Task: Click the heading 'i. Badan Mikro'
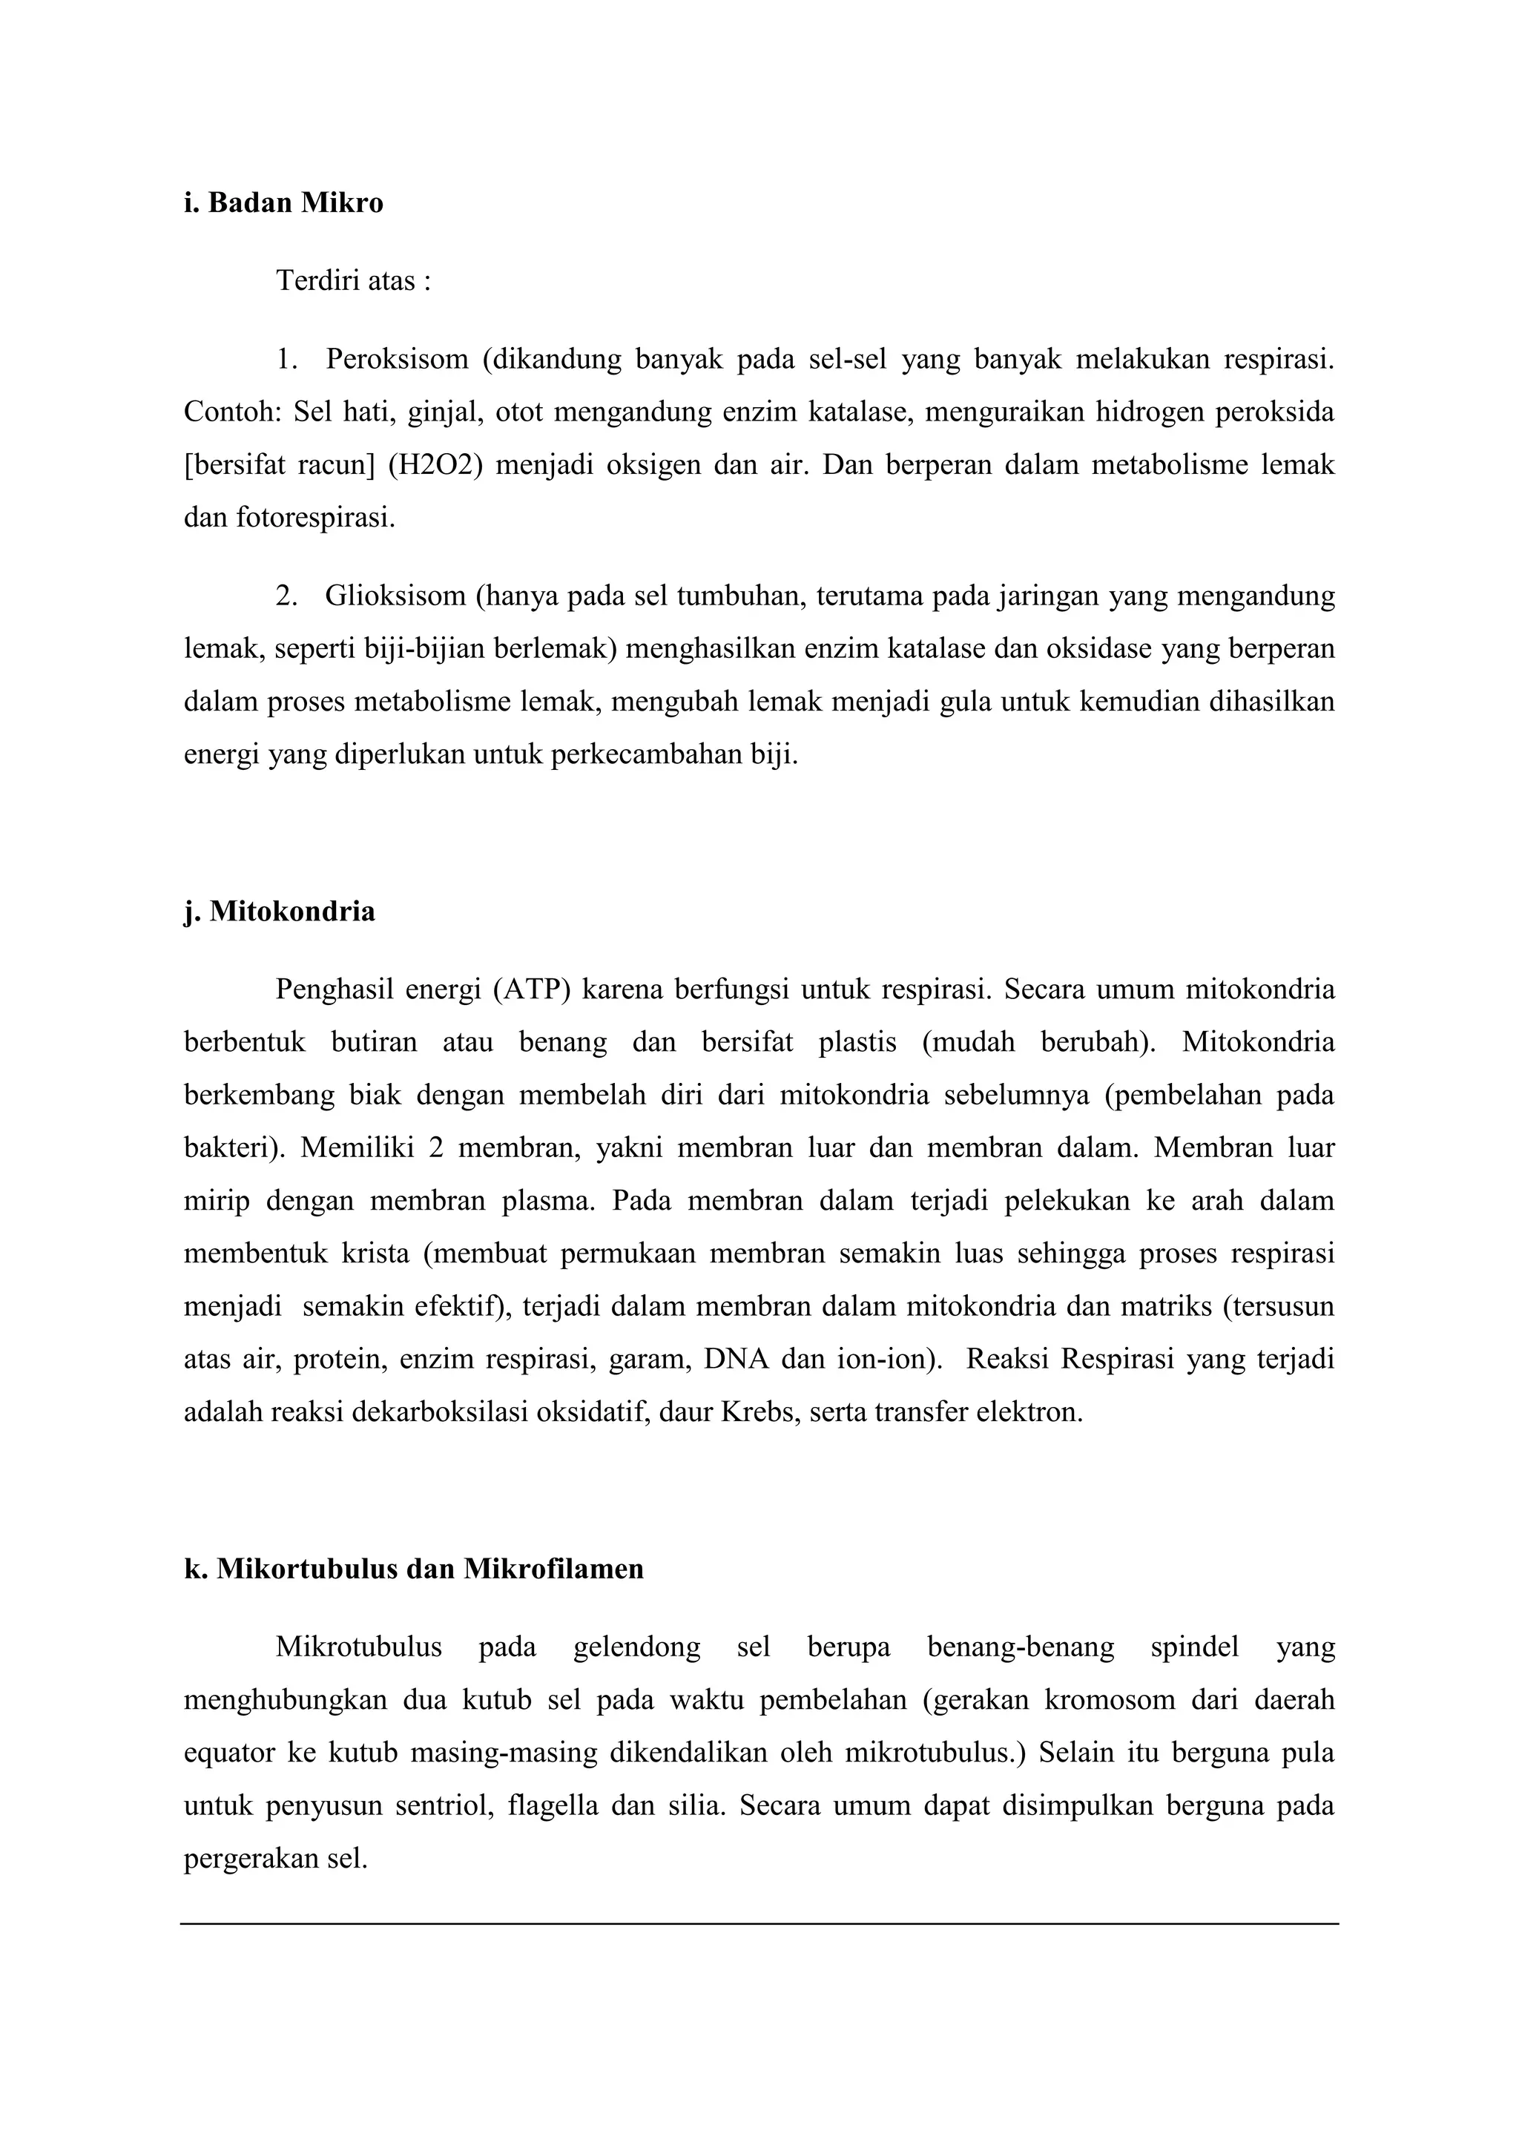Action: pyautogui.click(x=283, y=203)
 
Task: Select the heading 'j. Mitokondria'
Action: pyautogui.click(x=279, y=912)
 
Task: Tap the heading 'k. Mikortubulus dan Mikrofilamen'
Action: pyautogui.click(x=413, y=1569)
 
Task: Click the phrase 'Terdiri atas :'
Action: pyautogui.click(x=354, y=280)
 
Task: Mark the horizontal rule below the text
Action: pyautogui.click(x=759, y=1923)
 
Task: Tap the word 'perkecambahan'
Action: pyautogui.click(x=648, y=754)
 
